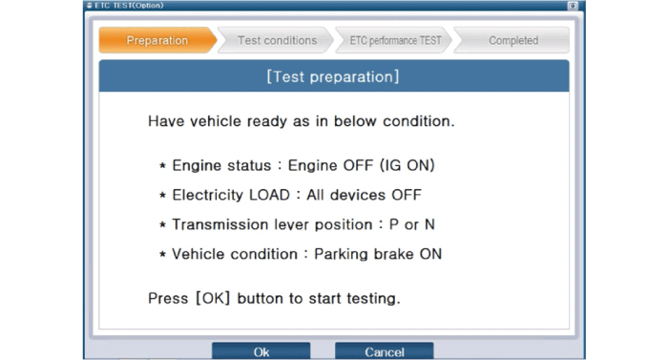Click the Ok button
261,351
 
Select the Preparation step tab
157,40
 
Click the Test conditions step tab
277,40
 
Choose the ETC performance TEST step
395,40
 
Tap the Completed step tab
512,40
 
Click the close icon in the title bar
573,5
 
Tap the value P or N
407,225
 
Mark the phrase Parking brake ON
378,255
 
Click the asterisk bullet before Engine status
162,167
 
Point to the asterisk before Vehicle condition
162,256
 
